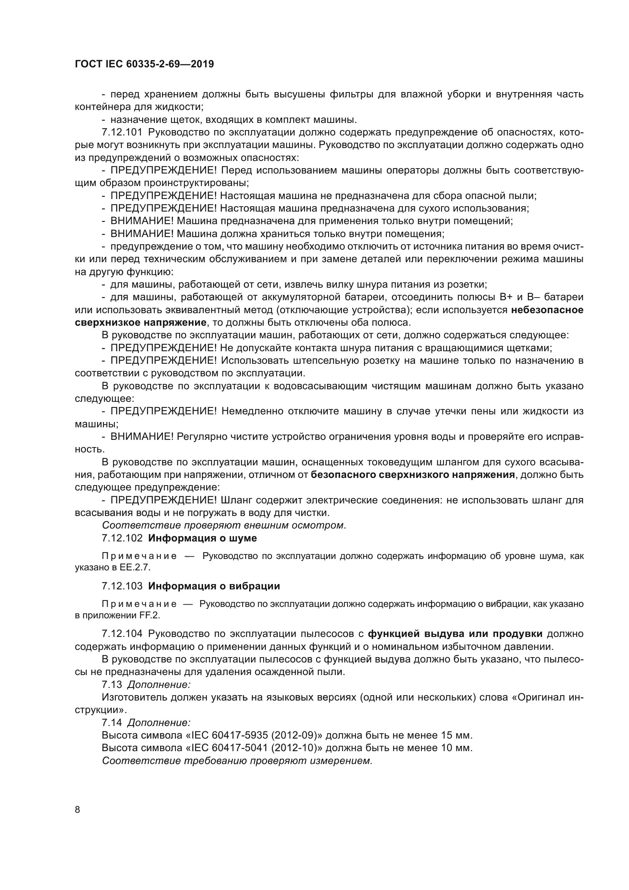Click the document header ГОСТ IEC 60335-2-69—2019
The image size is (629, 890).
[x=144, y=64]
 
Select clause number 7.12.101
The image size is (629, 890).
[x=122, y=132]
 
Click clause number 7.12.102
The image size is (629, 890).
[x=122, y=538]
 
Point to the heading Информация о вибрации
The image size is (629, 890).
[x=214, y=586]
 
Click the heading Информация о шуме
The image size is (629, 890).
[x=202, y=538]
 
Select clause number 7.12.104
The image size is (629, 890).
[x=122, y=634]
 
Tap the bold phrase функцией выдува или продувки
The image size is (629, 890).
[x=455, y=634]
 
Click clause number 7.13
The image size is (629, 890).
[x=111, y=685]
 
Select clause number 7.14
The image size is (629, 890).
[x=111, y=723]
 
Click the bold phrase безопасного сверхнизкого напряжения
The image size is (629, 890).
[x=413, y=475]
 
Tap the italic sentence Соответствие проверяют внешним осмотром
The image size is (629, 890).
[x=224, y=525]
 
